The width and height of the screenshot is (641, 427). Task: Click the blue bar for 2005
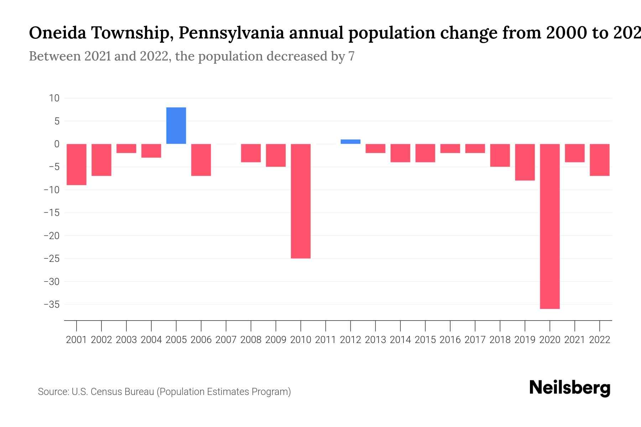pyautogui.click(x=176, y=126)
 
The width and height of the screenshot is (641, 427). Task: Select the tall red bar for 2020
pyautogui.click(x=549, y=226)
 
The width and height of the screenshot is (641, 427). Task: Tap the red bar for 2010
pyautogui.click(x=301, y=201)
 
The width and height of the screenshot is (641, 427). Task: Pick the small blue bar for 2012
pyautogui.click(x=350, y=142)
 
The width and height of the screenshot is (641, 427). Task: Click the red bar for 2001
pyautogui.click(x=77, y=164)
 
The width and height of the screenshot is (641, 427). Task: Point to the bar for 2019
pyautogui.click(x=525, y=162)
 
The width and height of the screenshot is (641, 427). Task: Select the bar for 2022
pyautogui.click(x=599, y=160)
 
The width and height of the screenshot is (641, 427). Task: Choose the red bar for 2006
pyautogui.click(x=201, y=160)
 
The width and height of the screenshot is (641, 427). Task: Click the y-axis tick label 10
pyautogui.click(x=54, y=98)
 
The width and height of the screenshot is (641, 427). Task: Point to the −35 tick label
pyautogui.click(x=52, y=305)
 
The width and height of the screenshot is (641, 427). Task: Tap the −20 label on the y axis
pyautogui.click(x=52, y=236)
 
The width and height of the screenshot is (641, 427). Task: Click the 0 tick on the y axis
pyautogui.click(x=57, y=144)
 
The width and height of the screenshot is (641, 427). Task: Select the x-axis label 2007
pyautogui.click(x=226, y=340)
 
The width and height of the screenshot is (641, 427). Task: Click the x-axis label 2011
pyautogui.click(x=325, y=340)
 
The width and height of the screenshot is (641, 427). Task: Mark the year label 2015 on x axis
pyautogui.click(x=425, y=340)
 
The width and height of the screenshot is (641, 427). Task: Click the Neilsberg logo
pyautogui.click(x=570, y=388)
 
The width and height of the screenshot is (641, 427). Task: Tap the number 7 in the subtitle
pyautogui.click(x=351, y=57)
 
